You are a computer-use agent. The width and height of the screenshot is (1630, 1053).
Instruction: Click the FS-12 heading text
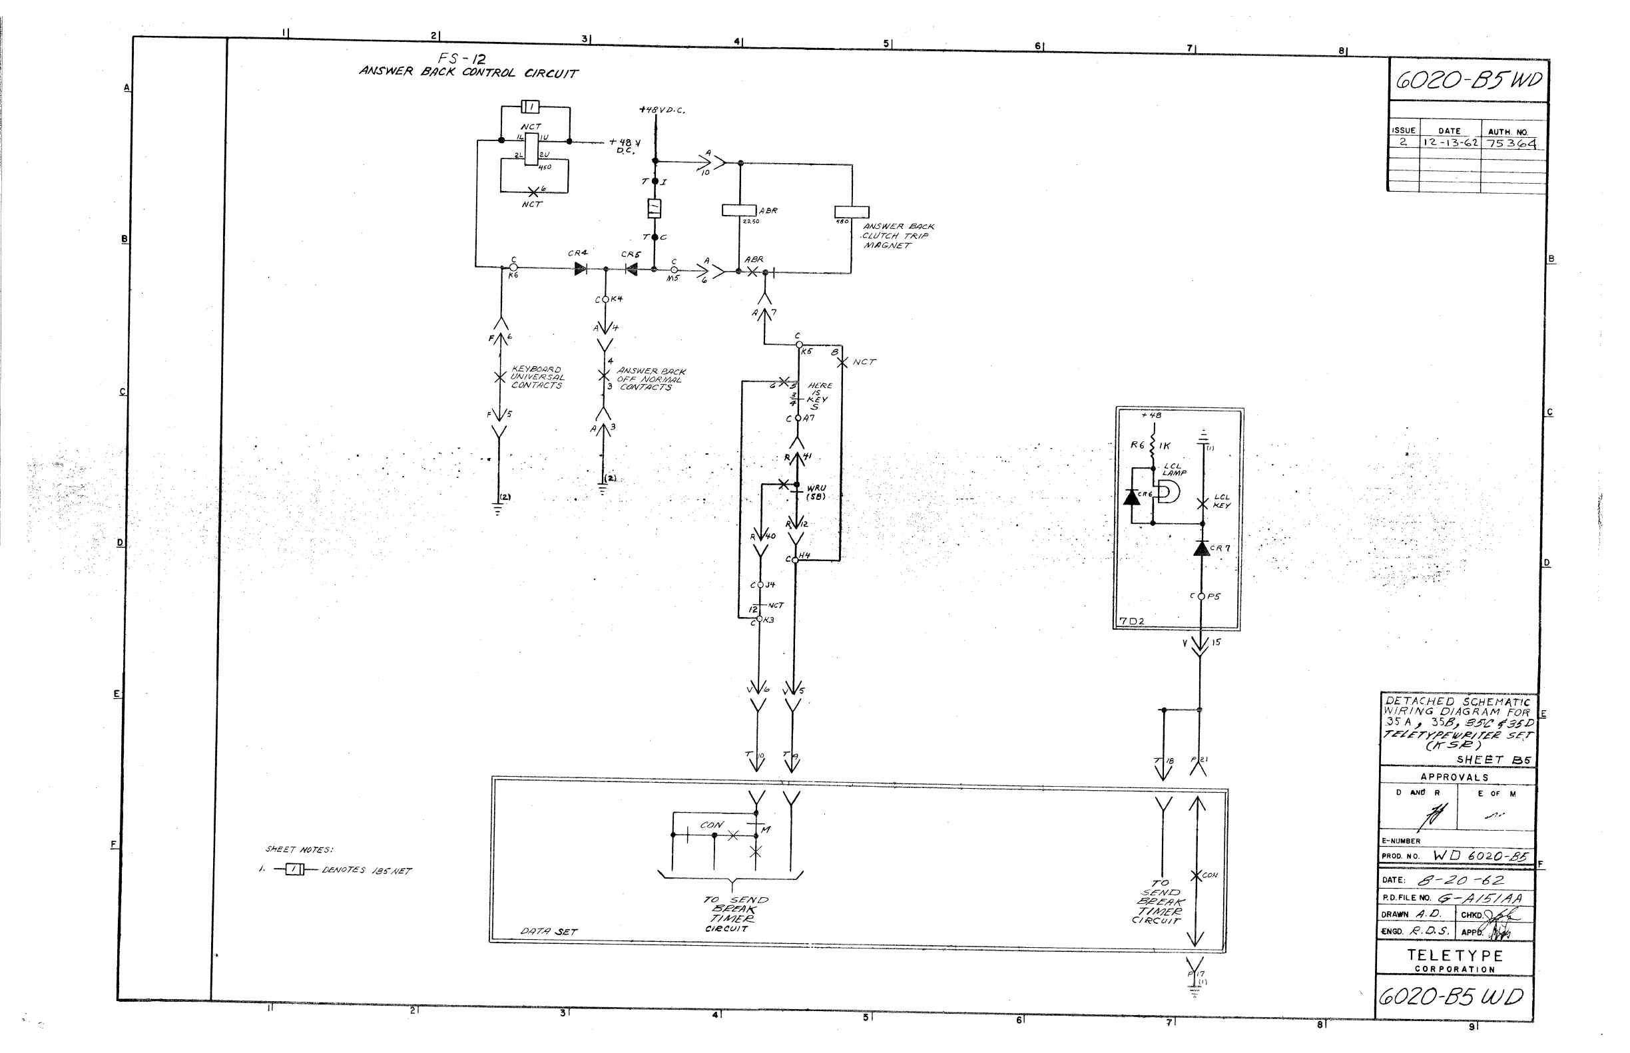click(462, 59)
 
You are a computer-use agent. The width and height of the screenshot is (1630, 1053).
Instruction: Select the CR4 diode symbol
click(581, 270)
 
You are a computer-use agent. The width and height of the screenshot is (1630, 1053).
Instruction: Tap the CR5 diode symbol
click(631, 270)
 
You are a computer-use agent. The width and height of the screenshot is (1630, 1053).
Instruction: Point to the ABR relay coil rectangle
click(738, 210)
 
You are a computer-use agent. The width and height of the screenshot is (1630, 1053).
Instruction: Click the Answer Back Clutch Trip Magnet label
click(898, 236)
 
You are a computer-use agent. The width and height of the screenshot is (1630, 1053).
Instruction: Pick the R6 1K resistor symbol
click(1153, 446)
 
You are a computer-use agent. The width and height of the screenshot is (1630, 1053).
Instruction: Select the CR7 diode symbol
click(1201, 548)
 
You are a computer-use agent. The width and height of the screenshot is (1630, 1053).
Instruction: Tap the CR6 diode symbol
click(1131, 497)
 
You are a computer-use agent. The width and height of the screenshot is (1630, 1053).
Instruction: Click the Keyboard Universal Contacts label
click(537, 377)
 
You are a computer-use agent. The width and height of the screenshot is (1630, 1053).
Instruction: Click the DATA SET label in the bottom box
click(549, 931)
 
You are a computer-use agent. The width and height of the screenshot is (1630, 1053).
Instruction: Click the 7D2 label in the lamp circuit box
click(1131, 622)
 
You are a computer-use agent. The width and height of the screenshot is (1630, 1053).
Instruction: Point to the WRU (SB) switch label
click(816, 493)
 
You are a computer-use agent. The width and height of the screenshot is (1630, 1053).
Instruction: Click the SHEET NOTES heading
click(299, 850)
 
